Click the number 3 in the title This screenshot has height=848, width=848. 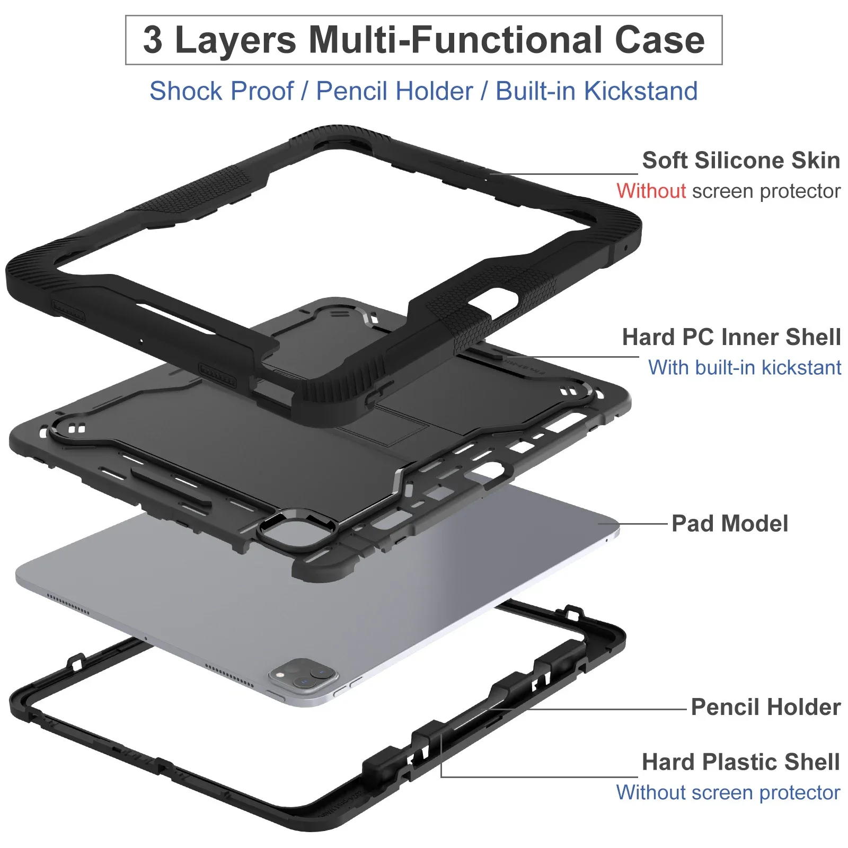pos(153,40)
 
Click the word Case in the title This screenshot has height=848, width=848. pos(659,40)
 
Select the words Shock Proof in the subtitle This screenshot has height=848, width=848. pos(221,91)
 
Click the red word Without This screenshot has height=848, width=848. pos(651,191)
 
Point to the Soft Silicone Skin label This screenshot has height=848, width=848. pos(740,160)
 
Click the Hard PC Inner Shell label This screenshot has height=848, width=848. pos(731,337)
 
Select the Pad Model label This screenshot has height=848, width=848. pos(729,524)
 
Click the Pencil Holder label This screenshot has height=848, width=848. pos(765,707)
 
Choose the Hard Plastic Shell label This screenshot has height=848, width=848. pos(740,762)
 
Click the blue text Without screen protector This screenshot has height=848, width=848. pos(728,793)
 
